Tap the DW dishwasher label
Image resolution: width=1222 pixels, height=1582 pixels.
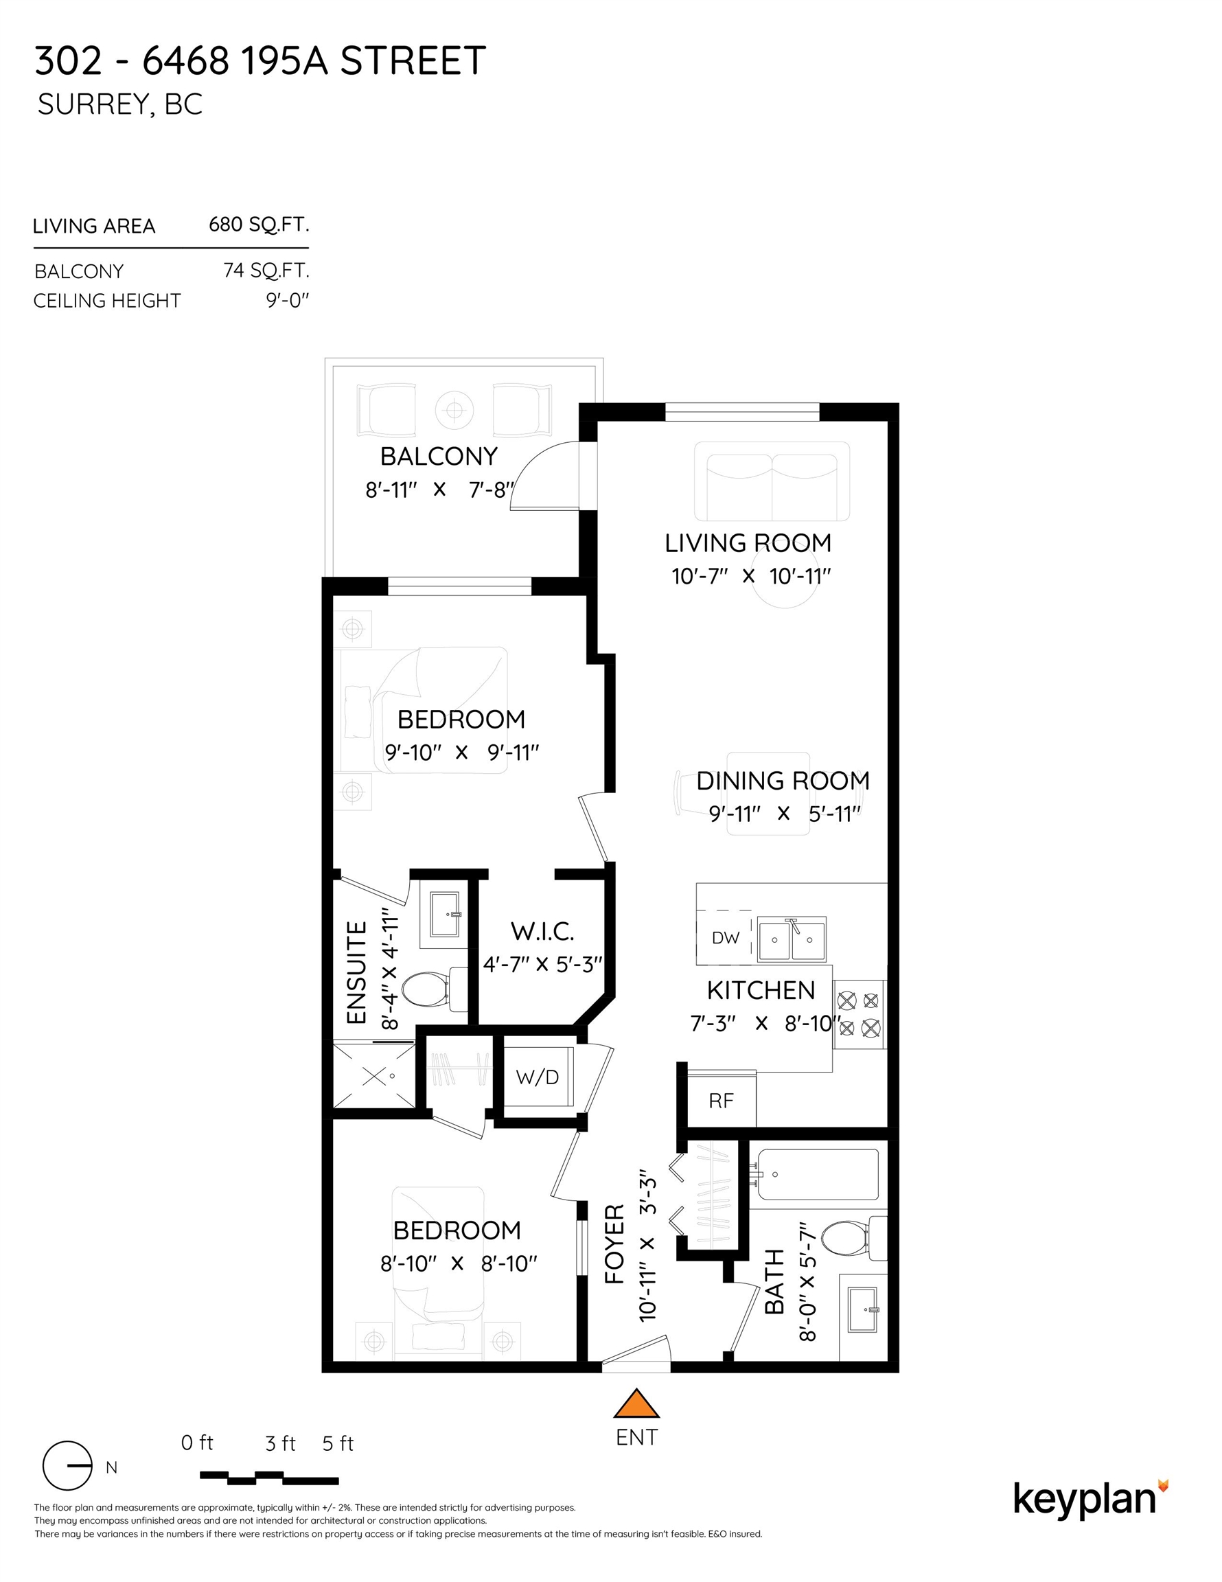click(x=725, y=938)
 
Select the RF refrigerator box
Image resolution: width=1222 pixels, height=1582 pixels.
click(x=721, y=1101)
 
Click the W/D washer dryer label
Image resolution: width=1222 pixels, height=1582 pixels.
click(x=537, y=1077)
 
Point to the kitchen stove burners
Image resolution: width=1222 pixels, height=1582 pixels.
click(x=859, y=1014)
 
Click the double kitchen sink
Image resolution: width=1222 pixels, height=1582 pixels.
click(x=792, y=939)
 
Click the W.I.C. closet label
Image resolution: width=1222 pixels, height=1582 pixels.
click(x=542, y=932)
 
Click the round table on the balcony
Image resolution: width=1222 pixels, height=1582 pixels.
click(x=454, y=411)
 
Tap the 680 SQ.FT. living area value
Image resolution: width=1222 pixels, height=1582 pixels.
click(x=259, y=225)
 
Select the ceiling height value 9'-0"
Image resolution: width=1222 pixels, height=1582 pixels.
click(x=288, y=300)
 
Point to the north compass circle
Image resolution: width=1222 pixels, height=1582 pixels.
click(x=67, y=1465)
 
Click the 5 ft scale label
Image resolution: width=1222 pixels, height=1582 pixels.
click(x=338, y=1444)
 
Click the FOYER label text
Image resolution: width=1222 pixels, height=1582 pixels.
click(x=614, y=1243)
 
